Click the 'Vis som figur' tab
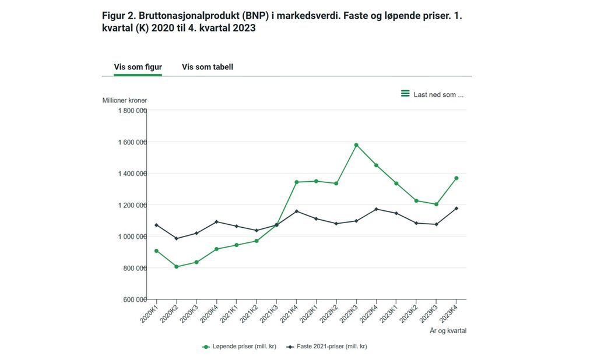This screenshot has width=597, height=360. click(138, 67)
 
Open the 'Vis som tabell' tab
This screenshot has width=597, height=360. click(208, 67)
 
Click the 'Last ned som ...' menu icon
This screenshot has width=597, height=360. click(405, 94)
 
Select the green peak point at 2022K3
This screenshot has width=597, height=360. click(356, 145)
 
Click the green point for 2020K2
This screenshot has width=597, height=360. click(176, 267)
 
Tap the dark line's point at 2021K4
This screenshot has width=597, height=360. click(296, 211)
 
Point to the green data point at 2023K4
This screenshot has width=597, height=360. click(456, 178)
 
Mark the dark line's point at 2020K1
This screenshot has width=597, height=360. click(156, 225)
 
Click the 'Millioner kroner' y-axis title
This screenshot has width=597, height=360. click(125, 100)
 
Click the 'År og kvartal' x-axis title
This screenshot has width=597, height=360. click(448, 331)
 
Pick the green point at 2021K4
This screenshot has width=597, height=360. click(296, 182)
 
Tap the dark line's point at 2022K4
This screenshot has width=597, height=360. click(376, 209)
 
